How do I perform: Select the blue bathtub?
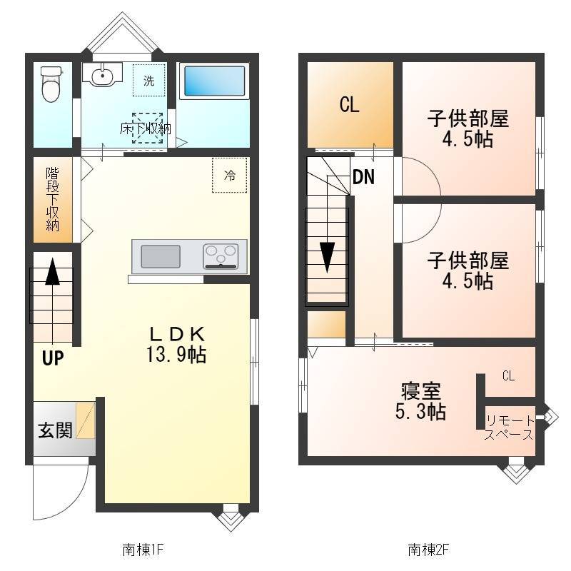(215, 82)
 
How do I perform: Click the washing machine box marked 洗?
(148, 81)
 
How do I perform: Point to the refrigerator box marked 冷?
(229, 175)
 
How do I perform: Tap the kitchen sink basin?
(161, 256)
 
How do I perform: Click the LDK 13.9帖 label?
(178, 343)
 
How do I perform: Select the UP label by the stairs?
(52, 358)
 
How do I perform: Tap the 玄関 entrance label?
(55, 430)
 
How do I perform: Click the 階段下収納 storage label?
(53, 199)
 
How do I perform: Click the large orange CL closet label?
(349, 106)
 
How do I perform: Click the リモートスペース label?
(509, 428)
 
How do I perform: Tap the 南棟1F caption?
(144, 550)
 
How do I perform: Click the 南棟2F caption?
(429, 550)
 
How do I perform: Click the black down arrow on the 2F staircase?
(327, 257)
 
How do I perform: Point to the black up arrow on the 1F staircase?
(52, 273)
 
